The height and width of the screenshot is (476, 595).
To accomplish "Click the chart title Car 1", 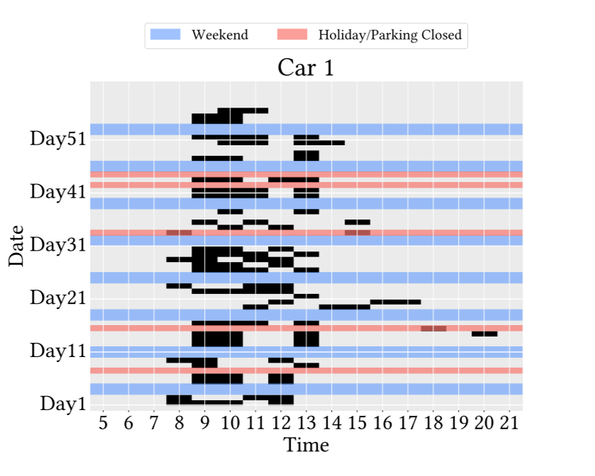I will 305,67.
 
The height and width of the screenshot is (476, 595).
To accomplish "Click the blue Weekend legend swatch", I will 166,35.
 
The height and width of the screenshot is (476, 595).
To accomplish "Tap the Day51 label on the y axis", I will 58,138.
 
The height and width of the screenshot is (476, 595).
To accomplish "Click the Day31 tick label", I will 58,245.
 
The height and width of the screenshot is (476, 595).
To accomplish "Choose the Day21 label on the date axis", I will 58,297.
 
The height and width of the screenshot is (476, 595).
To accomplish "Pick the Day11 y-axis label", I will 58,351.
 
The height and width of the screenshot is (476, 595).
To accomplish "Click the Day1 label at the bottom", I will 63,404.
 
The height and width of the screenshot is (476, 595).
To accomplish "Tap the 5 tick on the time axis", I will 103,424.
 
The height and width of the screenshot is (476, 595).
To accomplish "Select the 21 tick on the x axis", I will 508,424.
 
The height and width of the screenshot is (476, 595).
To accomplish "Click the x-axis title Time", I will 306,446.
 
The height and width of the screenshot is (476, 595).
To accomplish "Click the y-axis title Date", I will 17,245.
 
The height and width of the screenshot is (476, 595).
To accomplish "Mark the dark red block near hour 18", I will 433,329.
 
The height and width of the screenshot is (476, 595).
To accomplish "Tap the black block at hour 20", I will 484,334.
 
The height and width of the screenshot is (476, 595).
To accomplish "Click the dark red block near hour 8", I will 179,232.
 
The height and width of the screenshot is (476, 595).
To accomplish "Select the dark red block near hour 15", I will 357,232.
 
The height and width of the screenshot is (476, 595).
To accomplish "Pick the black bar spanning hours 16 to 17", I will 395,302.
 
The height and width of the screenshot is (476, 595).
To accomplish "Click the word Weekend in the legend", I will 220,35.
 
